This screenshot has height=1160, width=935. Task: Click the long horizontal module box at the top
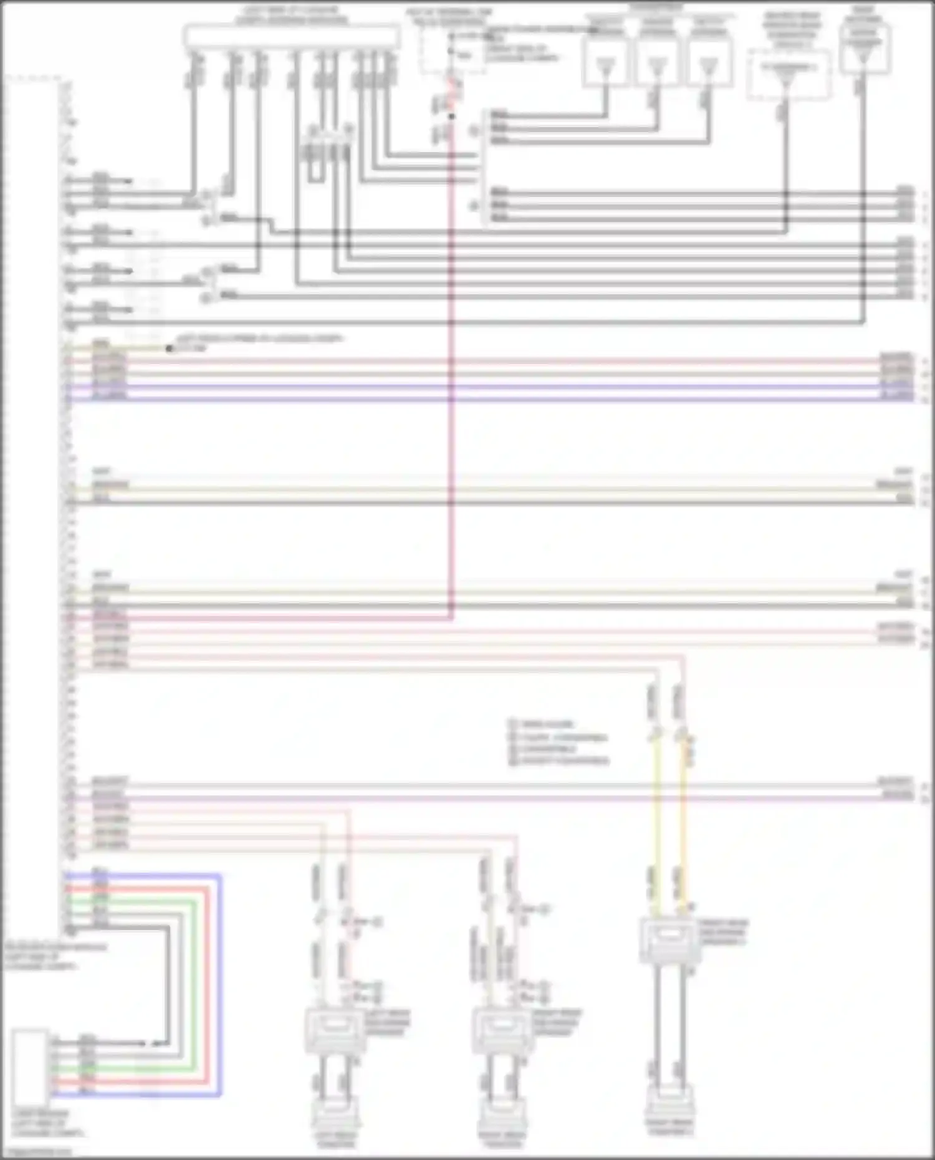292,37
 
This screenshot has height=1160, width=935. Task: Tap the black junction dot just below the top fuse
451,116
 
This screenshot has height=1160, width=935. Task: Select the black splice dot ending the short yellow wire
169,348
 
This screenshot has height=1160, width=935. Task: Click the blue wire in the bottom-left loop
219,985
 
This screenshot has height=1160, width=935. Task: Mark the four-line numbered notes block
558,742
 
